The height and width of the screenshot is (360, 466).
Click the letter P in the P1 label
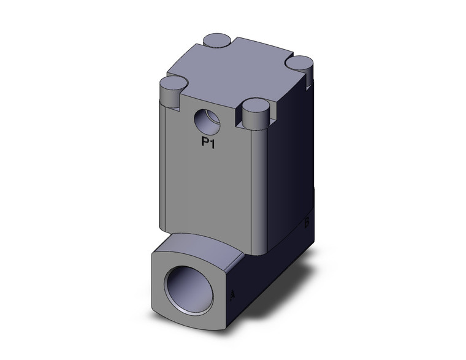coord(207,143)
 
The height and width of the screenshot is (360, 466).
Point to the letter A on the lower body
coord(232,296)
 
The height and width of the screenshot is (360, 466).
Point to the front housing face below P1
coord(208,190)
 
